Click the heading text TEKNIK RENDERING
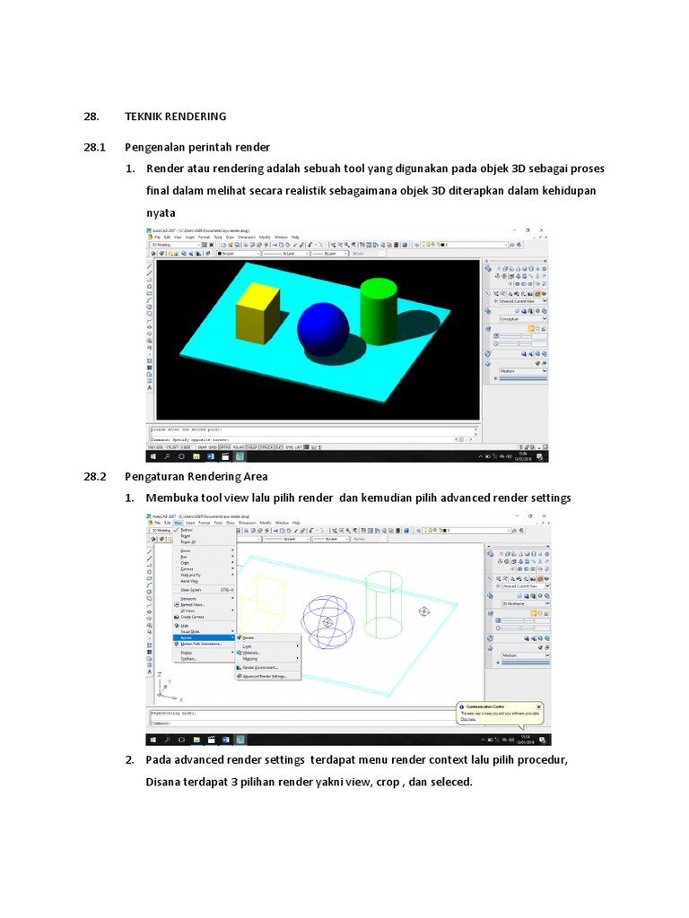[x=175, y=117]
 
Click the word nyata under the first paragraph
[x=161, y=213]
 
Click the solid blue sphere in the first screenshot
[x=323, y=328]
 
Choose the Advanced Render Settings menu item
[x=264, y=676]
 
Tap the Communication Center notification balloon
[x=500, y=712]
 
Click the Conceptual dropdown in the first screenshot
[x=523, y=318]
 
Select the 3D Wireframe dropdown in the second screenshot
[x=523, y=605]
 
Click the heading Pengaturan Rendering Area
[x=196, y=477]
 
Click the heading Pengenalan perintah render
[x=197, y=147]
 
